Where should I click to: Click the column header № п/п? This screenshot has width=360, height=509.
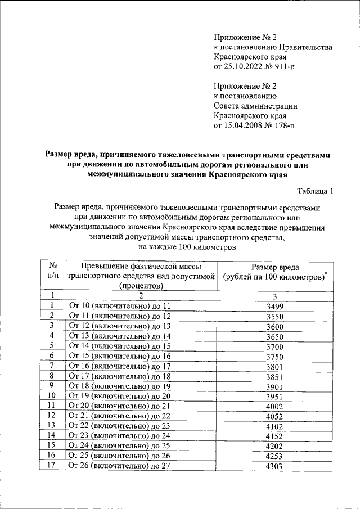(52, 271)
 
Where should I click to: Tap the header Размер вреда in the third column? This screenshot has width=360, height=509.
(275, 267)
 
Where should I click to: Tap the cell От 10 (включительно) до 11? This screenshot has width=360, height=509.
(119, 307)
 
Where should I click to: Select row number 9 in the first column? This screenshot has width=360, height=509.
(52, 385)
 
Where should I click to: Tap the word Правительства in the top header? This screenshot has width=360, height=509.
(308, 47)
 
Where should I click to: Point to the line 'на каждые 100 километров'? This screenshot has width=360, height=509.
(187, 248)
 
